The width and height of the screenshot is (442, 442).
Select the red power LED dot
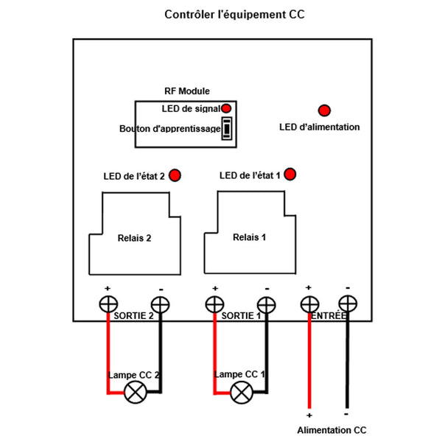point(324,110)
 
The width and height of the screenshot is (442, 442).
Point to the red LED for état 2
point(175,175)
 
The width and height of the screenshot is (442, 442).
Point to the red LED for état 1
point(290,175)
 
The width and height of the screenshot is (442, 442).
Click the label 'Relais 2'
point(134,239)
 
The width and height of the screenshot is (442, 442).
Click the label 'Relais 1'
point(249,237)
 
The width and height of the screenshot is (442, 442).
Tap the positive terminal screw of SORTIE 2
point(108,304)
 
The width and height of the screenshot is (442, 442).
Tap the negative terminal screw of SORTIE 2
point(160,304)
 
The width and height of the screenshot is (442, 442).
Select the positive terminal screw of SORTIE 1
point(214,304)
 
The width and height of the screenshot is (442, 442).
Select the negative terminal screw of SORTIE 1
point(265,304)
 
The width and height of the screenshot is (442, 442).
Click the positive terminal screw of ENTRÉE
point(309,304)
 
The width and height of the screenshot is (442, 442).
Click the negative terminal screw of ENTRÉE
point(347,304)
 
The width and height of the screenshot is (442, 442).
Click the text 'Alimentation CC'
point(331,430)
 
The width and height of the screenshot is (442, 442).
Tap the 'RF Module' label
point(186,91)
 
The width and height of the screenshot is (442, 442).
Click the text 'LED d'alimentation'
point(320,127)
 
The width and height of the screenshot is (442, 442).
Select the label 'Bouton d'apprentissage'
point(169,129)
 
